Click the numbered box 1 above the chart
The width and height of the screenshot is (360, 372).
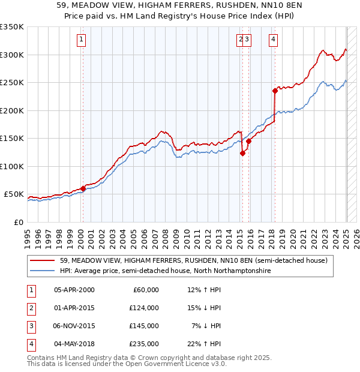pos(81,40)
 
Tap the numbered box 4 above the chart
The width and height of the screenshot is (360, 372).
pos(273,40)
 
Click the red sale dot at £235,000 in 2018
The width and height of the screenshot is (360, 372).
pos(275,91)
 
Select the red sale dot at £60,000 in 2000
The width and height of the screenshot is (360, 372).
pos(83,188)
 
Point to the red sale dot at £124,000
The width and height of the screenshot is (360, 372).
pos(242,153)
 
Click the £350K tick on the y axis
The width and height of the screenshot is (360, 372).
pos(12,27)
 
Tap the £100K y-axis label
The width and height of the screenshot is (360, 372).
pos(12,166)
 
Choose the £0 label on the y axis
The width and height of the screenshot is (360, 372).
pos(17,222)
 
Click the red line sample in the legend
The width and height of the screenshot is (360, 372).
pos(43,260)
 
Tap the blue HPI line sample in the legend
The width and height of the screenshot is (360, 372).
pos(43,271)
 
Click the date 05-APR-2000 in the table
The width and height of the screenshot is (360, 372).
pos(74,290)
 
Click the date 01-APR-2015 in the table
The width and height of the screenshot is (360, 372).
pos(74,308)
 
